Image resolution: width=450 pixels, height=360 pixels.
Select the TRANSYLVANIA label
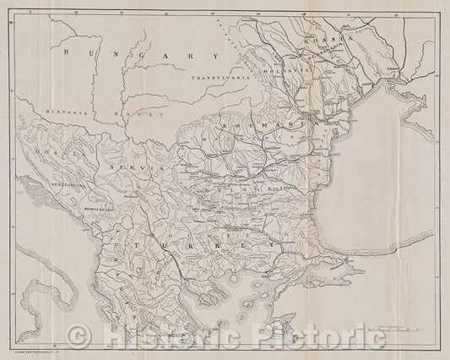point(217,79)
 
